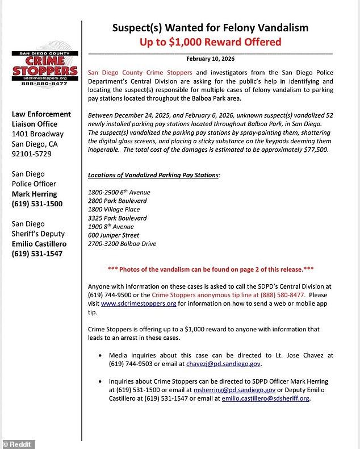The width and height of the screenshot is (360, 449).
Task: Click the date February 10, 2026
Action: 210,59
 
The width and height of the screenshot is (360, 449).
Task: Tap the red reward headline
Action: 210,42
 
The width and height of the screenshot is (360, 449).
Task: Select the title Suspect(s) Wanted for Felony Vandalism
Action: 210,27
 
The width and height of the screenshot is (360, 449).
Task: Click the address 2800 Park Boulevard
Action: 118,201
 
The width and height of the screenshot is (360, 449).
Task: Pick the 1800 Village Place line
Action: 114,209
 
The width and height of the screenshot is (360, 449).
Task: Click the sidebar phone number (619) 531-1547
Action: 37,254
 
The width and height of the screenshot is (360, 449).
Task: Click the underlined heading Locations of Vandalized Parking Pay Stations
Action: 153,175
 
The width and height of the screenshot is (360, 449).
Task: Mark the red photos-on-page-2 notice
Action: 210,269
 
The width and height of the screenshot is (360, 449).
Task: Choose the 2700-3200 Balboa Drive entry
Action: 122,243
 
